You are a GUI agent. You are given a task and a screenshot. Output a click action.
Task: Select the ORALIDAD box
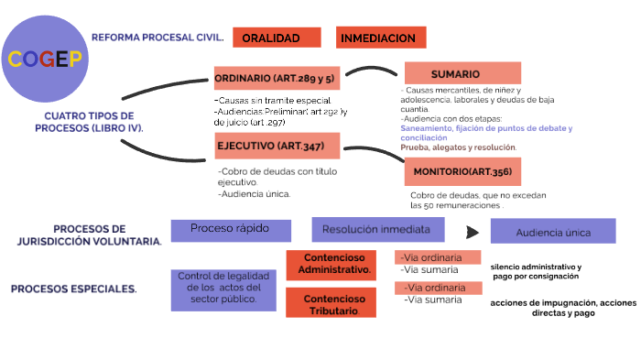(277, 38)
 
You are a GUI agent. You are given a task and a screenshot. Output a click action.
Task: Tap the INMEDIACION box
(381, 38)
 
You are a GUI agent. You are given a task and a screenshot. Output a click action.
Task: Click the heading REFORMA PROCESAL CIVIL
(158, 38)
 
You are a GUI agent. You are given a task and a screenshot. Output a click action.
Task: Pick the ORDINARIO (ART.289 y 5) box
(276, 78)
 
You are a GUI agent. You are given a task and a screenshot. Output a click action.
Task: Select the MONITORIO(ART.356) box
(462, 171)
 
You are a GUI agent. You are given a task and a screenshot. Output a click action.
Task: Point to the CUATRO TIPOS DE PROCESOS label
(89, 122)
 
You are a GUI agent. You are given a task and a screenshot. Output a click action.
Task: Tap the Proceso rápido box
(231, 229)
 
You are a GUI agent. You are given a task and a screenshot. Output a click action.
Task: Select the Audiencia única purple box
(552, 232)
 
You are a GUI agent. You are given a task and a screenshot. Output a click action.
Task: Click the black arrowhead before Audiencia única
(472, 233)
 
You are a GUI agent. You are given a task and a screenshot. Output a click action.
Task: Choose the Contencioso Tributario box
(331, 303)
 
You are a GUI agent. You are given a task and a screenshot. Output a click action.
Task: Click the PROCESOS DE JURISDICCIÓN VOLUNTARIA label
(90, 235)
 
